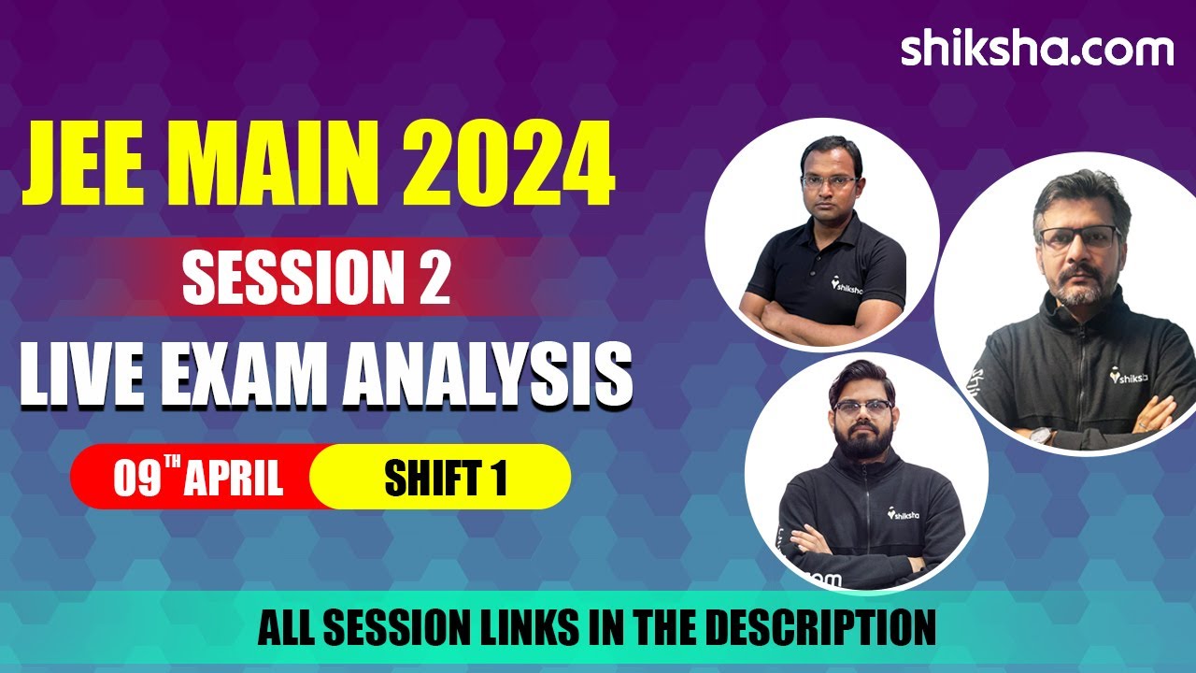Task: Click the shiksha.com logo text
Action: click(x=1036, y=49)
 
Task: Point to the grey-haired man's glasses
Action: click(x=1080, y=237)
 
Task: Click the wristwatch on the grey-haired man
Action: click(x=1042, y=436)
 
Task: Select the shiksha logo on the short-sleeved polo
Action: click(x=847, y=282)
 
